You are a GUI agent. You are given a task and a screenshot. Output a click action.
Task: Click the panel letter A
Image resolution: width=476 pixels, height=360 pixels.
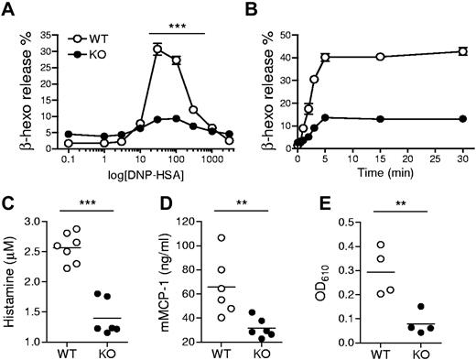[9, 10]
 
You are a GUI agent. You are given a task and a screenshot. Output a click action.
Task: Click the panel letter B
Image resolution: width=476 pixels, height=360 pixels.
[255, 10]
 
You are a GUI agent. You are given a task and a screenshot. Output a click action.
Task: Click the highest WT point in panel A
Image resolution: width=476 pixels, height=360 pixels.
[157, 49]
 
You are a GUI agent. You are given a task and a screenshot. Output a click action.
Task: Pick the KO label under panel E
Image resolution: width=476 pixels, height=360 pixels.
[423, 352]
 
